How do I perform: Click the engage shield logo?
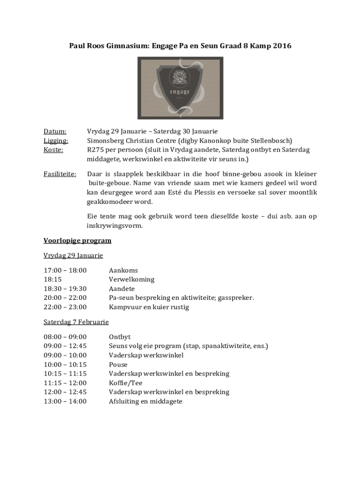point(180,88)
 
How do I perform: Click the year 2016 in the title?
point(282,46)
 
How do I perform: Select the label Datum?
point(55,131)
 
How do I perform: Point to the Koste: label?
point(53,150)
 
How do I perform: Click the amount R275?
point(96,150)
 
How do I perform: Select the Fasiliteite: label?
point(60,174)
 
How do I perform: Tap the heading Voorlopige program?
point(77,241)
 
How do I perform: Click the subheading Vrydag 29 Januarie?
point(73,255)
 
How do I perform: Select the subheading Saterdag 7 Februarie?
point(76,322)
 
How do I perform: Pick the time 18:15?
point(53,280)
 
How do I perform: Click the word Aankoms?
point(123,270)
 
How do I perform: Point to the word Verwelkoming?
point(131,280)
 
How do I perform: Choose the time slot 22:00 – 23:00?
point(65,307)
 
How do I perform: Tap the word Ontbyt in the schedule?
point(120,337)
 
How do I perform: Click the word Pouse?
point(118,364)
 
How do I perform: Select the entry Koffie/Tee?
point(126,383)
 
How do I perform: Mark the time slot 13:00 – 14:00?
point(65,401)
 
